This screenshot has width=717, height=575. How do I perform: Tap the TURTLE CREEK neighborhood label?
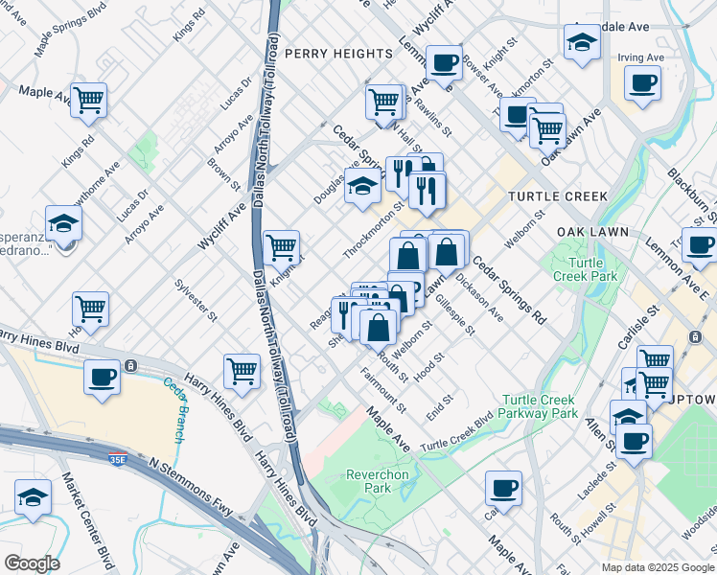pyautogui.click(x=558, y=196)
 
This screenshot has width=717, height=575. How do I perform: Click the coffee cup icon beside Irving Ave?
pyautogui.click(x=642, y=81)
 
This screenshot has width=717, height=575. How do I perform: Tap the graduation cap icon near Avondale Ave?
pyautogui.click(x=581, y=43)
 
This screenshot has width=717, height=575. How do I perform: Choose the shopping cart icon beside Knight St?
pyautogui.click(x=281, y=247)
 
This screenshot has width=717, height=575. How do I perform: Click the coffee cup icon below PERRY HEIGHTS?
pyautogui.click(x=443, y=62)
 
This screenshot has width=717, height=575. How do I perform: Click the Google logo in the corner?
pyautogui.click(x=32, y=563)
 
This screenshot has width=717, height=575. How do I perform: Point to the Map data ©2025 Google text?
pyautogui.click(x=658, y=567)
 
